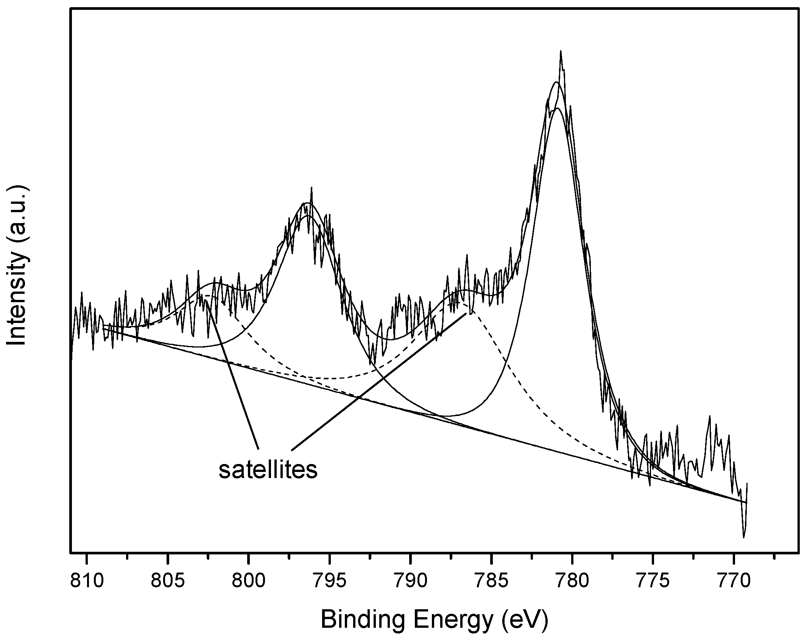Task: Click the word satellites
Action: pos(268,470)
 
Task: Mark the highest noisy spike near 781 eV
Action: pos(561,51)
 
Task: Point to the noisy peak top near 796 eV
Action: pos(312,188)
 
